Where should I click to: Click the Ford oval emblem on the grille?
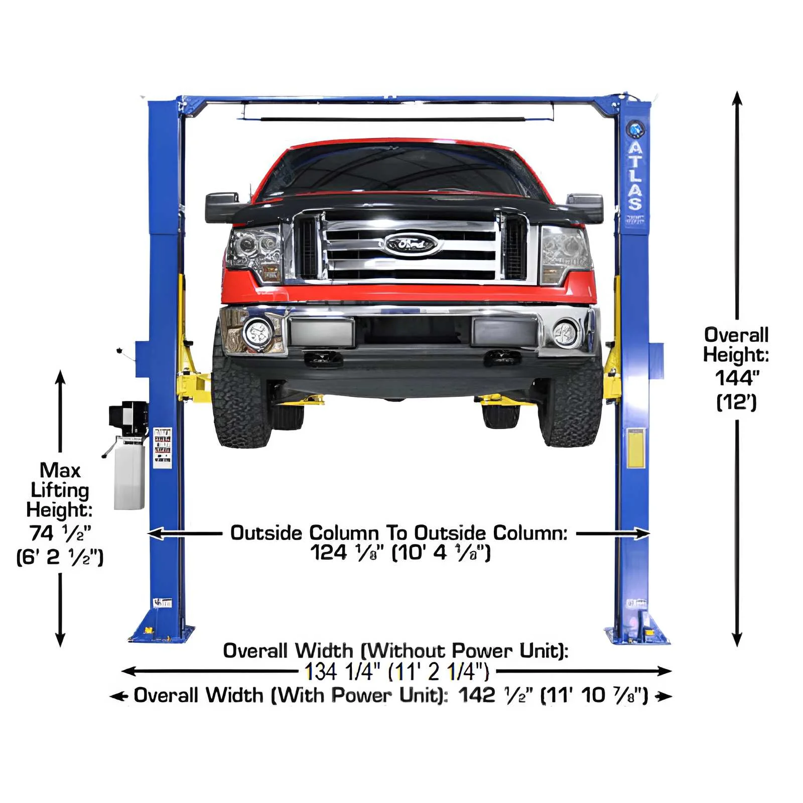click(411, 245)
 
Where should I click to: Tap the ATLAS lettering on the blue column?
click(635, 176)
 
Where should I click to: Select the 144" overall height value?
click(737, 378)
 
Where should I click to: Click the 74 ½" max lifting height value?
click(60, 533)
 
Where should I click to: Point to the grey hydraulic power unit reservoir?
click(129, 474)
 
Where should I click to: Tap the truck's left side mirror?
click(222, 206)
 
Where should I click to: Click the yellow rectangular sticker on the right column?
click(635, 448)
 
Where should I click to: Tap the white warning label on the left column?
click(162, 448)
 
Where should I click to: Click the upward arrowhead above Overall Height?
click(737, 98)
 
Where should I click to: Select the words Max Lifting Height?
click(60, 490)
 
